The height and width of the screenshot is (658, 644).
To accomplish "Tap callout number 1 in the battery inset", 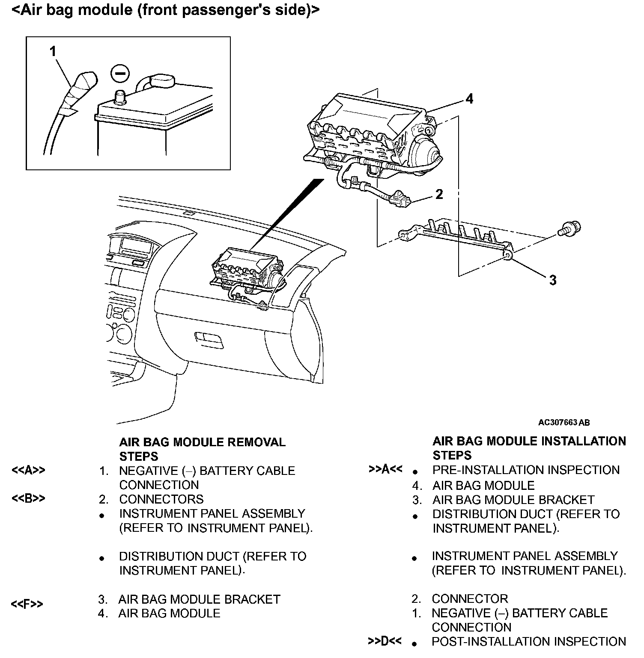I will coord(53,52).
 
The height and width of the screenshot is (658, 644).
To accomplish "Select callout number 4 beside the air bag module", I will coord(470,99).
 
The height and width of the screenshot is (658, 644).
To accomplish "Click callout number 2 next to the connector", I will coord(439,194).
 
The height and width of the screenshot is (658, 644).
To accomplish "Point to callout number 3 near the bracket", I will coord(553,280).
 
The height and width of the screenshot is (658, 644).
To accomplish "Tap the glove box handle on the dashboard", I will coord(209,340).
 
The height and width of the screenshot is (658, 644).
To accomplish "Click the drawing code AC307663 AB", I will coord(564,423).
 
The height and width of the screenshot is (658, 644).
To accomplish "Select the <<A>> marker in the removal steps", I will coord(28,471).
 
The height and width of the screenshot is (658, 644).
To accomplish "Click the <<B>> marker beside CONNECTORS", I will coord(28,499).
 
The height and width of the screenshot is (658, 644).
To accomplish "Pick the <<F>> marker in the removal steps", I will coord(27,604).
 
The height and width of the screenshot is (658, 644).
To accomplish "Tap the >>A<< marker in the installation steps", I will coord(385,469).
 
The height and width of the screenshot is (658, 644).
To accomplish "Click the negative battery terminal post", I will coord(119,96).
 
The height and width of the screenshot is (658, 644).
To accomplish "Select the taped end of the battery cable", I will coord(80,88).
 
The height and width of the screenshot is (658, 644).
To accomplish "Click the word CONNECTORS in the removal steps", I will coord(161,499).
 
